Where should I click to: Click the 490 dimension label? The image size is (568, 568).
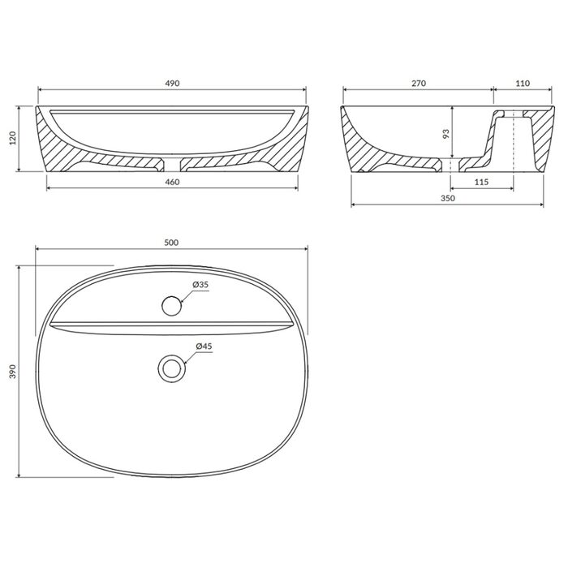(x=172, y=84)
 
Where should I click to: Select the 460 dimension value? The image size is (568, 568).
(x=172, y=182)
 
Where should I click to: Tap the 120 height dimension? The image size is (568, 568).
(x=13, y=139)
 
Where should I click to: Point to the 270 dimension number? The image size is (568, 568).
(x=419, y=84)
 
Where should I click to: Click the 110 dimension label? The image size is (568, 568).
(x=523, y=84)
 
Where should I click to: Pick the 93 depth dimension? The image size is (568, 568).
(x=446, y=134)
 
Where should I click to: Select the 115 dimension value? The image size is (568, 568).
(x=481, y=182)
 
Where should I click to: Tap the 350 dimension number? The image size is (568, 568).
(x=448, y=198)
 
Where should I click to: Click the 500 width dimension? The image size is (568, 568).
(x=171, y=243)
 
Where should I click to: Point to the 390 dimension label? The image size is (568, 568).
(x=13, y=372)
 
